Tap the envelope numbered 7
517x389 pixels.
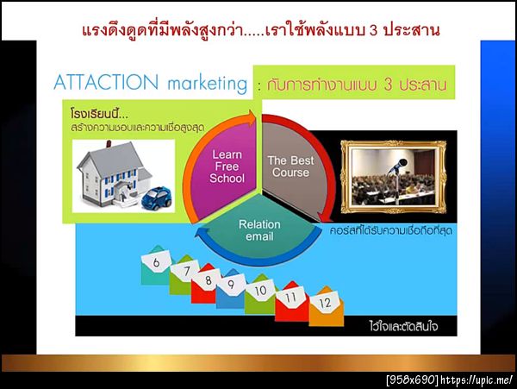(x=182, y=276)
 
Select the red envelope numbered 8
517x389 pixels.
(x=205, y=285)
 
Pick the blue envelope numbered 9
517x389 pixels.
(x=229, y=287)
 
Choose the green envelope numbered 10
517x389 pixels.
(x=260, y=295)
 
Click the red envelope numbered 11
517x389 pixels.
(x=292, y=303)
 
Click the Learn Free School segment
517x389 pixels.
(x=227, y=167)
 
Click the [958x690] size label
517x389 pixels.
(x=411, y=380)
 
